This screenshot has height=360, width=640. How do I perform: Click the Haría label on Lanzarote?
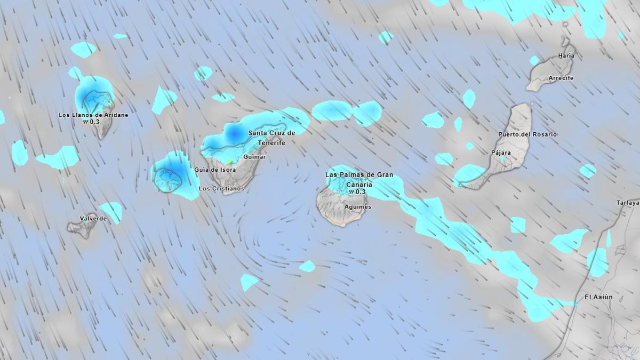[566, 55]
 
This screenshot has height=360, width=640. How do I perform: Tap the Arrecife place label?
[561, 78]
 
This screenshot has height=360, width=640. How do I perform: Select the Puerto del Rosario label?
[527, 134]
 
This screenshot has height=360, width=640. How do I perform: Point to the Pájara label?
[501, 153]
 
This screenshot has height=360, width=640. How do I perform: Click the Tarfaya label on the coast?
[628, 203]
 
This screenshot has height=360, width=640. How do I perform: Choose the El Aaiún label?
[598, 297]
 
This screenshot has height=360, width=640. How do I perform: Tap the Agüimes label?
[358, 207]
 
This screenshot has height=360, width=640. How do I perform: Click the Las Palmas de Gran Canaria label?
[359, 179]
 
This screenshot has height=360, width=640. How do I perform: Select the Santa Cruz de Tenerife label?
[271, 138]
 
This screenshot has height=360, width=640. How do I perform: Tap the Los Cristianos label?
[221, 188]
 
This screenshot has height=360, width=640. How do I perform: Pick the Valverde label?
[93, 219]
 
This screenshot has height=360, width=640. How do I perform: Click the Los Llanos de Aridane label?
[93, 115]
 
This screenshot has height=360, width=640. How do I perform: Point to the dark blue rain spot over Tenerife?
[233, 132]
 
